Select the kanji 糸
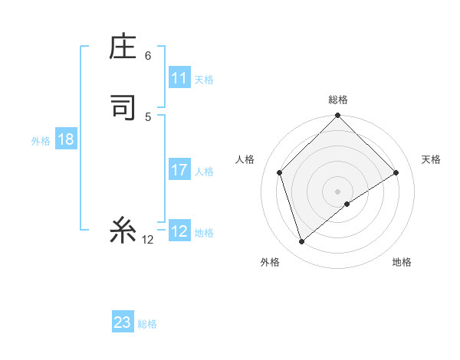point(123,231)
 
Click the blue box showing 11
point(179,78)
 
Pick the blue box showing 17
point(179,170)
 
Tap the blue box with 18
point(65,139)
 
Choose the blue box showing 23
point(123,322)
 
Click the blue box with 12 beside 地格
point(179,231)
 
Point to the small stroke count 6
point(148,56)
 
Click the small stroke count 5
point(148,116)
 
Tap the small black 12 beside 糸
point(148,240)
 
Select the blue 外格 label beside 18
point(41,140)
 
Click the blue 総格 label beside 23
point(147,324)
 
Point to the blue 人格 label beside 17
point(205,172)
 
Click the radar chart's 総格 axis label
point(338,100)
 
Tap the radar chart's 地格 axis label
point(402,262)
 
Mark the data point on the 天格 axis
point(396,172)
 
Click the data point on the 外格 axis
point(302,242)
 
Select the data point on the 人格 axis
point(280,172)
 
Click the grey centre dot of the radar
point(338,191)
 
